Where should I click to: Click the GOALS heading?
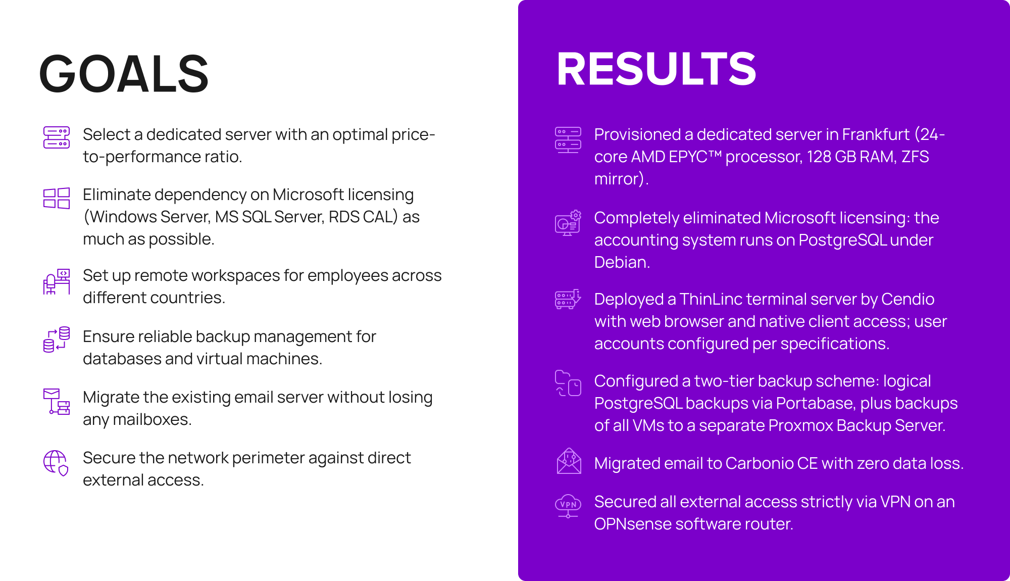tap(124, 74)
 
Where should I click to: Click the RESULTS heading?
tap(656, 69)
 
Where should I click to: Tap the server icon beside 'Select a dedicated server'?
tap(57, 137)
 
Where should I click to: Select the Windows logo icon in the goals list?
tap(57, 198)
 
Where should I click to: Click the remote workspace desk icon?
tap(57, 281)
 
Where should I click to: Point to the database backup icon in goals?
tap(57, 339)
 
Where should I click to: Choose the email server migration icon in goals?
tap(57, 401)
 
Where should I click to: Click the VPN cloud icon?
tap(568, 506)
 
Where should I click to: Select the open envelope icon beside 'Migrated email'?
tap(569, 461)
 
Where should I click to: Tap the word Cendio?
tap(907, 299)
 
